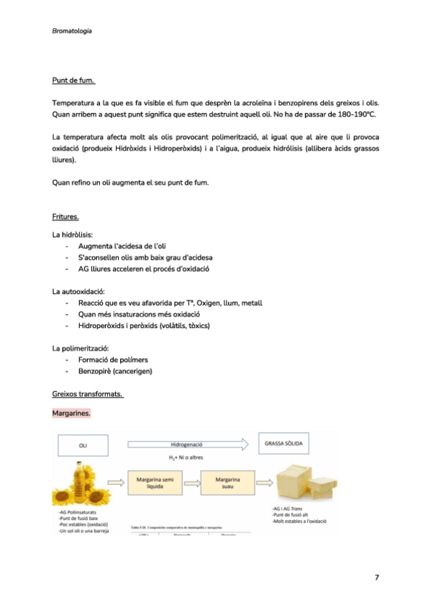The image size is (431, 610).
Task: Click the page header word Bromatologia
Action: point(72,31)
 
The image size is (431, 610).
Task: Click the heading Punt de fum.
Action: point(73,81)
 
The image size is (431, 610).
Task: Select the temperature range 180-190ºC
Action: point(353,114)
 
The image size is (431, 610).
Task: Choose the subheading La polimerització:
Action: point(81,348)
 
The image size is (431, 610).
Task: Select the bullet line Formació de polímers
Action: point(113,360)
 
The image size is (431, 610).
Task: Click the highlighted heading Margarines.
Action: point(71,413)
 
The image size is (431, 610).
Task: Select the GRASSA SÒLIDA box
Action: point(283,444)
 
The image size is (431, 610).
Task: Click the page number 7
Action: point(376,577)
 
